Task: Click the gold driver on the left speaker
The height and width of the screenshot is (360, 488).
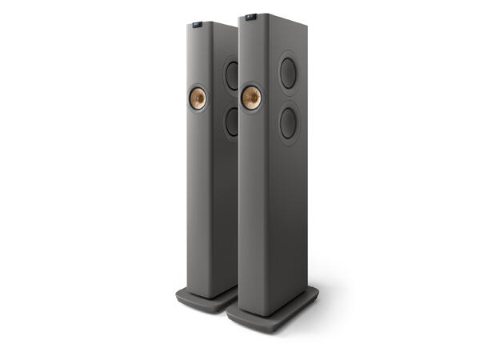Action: click(x=198, y=99)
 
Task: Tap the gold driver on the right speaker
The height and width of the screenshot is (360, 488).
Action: click(x=250, y=98)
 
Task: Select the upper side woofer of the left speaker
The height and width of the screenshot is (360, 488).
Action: click(x=230, y=76)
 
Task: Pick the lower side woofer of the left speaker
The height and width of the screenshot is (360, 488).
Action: click(x=231, y=122)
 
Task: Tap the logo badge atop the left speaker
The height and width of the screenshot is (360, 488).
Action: click(x=198, y=26)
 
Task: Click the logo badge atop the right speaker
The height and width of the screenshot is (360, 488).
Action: click(x=250, y=15)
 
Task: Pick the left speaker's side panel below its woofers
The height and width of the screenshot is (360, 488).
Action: click(x=227, y=208)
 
